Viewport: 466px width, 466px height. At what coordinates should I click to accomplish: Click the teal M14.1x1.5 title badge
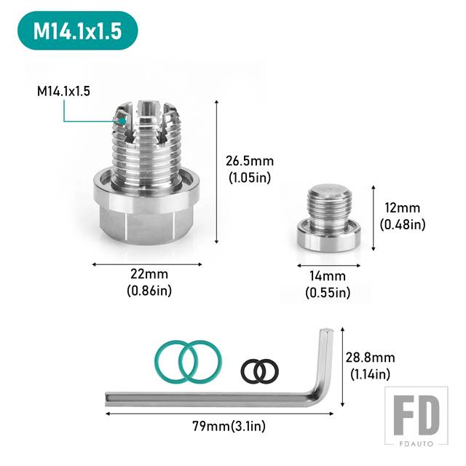click(78, 31)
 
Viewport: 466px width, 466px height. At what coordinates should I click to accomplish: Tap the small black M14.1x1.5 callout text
click(63, 91)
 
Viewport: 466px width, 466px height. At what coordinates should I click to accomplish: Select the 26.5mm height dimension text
click(250, 161)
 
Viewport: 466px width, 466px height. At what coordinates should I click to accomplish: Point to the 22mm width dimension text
click(149, 274)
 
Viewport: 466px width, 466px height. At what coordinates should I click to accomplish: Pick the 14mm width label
click(328, 276)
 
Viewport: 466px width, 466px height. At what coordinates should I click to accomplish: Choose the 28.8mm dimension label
click(371, 358)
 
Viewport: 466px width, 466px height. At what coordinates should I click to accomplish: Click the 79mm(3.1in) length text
click(229, 426)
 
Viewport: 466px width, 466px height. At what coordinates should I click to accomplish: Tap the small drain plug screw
click(328, 218)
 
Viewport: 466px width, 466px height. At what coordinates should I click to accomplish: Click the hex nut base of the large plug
click(148, 218)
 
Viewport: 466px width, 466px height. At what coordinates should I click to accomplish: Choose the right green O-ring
click(200, 361)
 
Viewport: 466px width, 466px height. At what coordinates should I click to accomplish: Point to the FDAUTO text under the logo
click(416, 444)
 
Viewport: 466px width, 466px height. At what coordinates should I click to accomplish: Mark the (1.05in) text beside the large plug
click(250, 178)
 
